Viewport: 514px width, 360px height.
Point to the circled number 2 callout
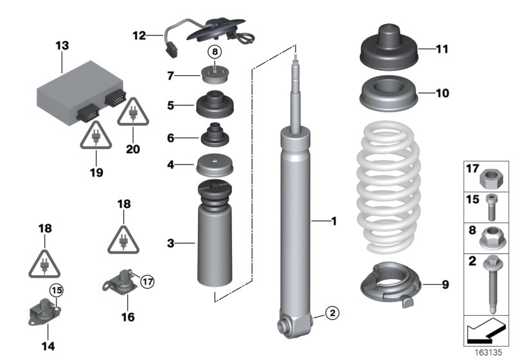(x=331, y=314)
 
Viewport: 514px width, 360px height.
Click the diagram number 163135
(x=489, y=352)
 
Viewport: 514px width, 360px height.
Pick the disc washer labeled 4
(x=215, y=165)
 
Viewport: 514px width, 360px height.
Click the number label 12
(x=139, y=35)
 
